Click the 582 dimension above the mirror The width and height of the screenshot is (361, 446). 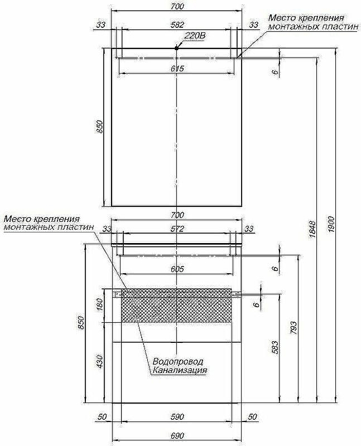pyautogui.click(x=176, y=25)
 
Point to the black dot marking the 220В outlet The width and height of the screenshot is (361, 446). pyautogui.click(x=176, y=49)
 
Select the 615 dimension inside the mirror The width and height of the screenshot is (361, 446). pyautogui.click(x=176, y=68)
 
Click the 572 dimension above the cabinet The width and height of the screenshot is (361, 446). pyautogui.click(x=176, y=229)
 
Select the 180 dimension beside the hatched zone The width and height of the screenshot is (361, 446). pyautogui.click(x=100, y=306)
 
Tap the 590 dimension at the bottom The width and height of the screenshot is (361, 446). pyautogui.click(x=176, y=417)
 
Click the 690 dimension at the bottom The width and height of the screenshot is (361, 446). pyautogui.click(x=176, y=435)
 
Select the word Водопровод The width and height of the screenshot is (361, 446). pyautogui.click(x=177, y=361)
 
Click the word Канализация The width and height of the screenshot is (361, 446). pyautogui.click(x=179, y=370)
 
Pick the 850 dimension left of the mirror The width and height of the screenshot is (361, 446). pyautogui.click(x=100, y=128)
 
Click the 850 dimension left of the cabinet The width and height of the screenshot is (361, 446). pyautogui.click(x=81, y=323)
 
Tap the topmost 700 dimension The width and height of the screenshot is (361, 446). pyautogui.click(x=176, y=6)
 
